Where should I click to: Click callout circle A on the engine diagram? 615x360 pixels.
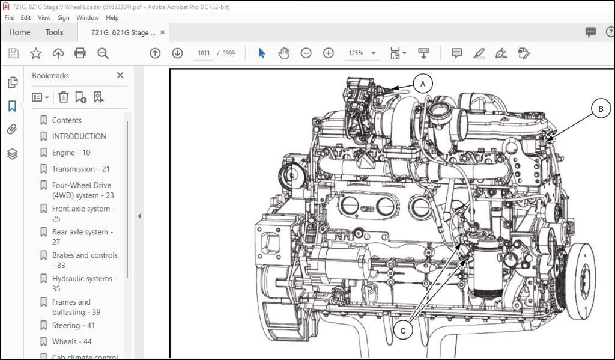coord(423,84)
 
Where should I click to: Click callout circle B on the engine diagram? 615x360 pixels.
coord(601,109)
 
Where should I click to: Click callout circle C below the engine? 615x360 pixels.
coord(403,331)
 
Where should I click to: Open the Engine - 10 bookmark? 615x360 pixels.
coord(71,153)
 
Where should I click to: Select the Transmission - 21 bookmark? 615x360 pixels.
coord(81,169)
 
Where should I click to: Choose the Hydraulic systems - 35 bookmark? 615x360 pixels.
coord(85,284)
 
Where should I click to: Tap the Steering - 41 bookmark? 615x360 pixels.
coord(73,326)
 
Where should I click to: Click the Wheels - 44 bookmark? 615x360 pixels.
coord(72,341)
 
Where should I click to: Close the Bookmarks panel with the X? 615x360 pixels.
coord(120,75)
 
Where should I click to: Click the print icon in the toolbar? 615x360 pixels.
coord(80,53)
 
